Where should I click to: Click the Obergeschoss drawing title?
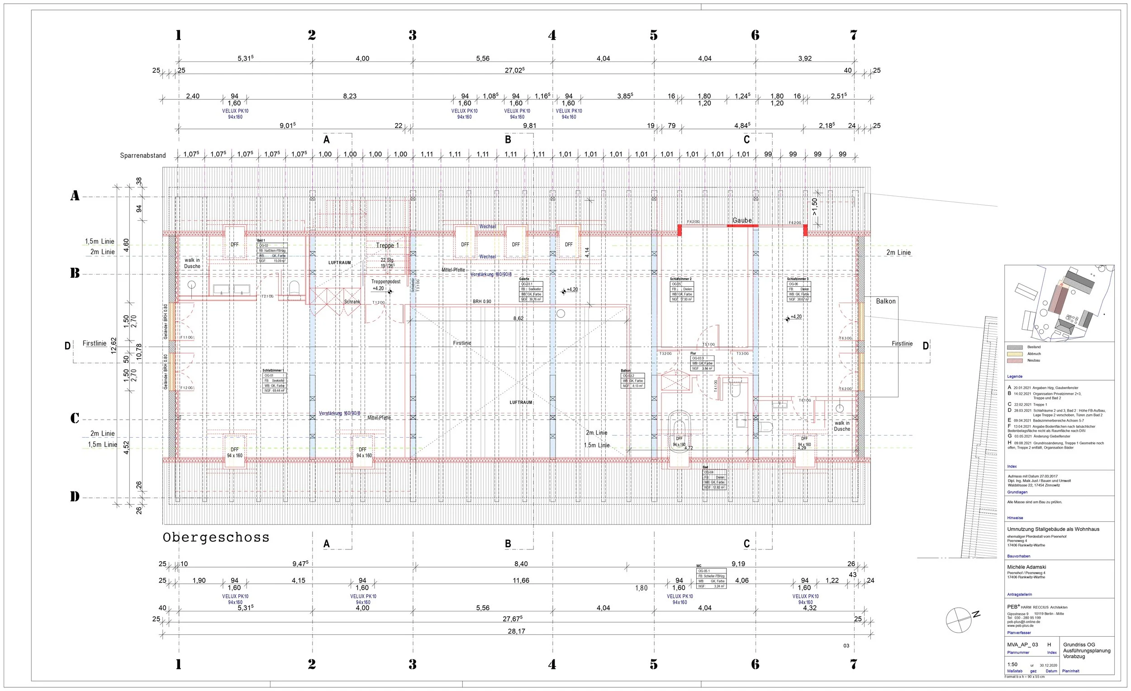click(x=216, y=537)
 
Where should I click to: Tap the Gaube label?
click(x=742, y=220)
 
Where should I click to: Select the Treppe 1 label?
click(x=387, y=246)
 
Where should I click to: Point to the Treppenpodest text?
click(x=385, y=282)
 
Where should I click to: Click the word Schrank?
click(x=352, y=302)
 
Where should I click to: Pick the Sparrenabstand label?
click(x=143, y=156)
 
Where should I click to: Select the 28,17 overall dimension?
click(x=516, y=631)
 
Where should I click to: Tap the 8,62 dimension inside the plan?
click(x=518, y=318)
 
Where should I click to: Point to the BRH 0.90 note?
click(x=482, y=302)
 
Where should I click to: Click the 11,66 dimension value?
click(x=521, y=580)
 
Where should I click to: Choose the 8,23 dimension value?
click(x=350, y=96)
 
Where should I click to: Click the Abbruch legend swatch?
click(x=1015, y=354)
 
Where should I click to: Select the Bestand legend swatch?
click(x=1015, y=347)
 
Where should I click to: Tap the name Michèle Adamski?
click(x=1026, y=567)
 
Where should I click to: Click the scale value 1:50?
click(x=1012, y=664)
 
